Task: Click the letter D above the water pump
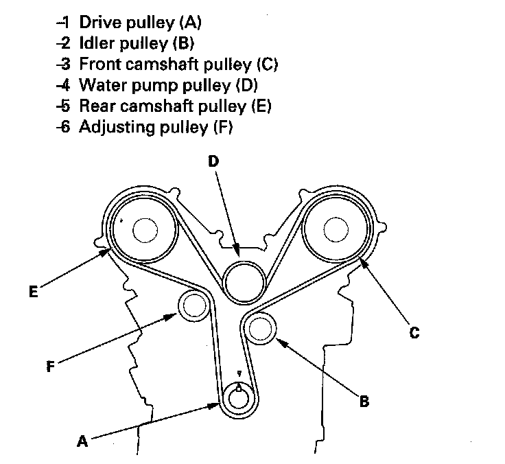click(213, 161)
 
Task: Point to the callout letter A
click(82, 442)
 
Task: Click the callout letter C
click(414, 333)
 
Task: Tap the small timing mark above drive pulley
click(237, 374)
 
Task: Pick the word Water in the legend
click(100, 86)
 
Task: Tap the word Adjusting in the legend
click(117, 128)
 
